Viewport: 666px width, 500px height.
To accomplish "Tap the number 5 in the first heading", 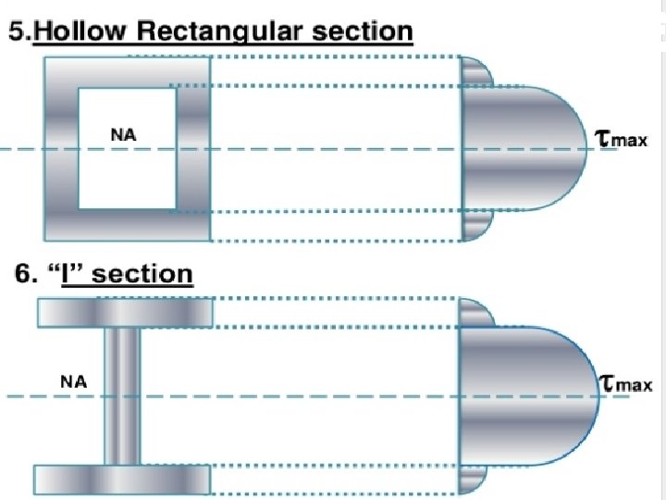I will tap(18, 31).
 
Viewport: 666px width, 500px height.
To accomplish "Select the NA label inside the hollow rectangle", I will tap(123, 135).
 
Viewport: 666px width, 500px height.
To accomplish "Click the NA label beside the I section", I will tap(74, 381).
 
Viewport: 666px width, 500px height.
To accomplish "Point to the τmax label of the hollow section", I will tap(621, 140).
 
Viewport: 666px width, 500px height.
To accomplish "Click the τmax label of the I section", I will tap(624, 383).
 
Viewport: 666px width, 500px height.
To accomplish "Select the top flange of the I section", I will tap(123, 313).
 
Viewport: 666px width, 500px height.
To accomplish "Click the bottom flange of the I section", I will tap(123, 478).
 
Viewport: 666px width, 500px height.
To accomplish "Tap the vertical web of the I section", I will tap(122, 395).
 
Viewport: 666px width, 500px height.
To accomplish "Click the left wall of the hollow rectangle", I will tap(60, 148).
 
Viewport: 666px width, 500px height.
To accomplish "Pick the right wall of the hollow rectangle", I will tap(192, 148).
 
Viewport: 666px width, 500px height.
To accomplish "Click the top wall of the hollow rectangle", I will tap(127, 71).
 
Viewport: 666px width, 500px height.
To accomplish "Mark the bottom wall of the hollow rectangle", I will tap(127, 223).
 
